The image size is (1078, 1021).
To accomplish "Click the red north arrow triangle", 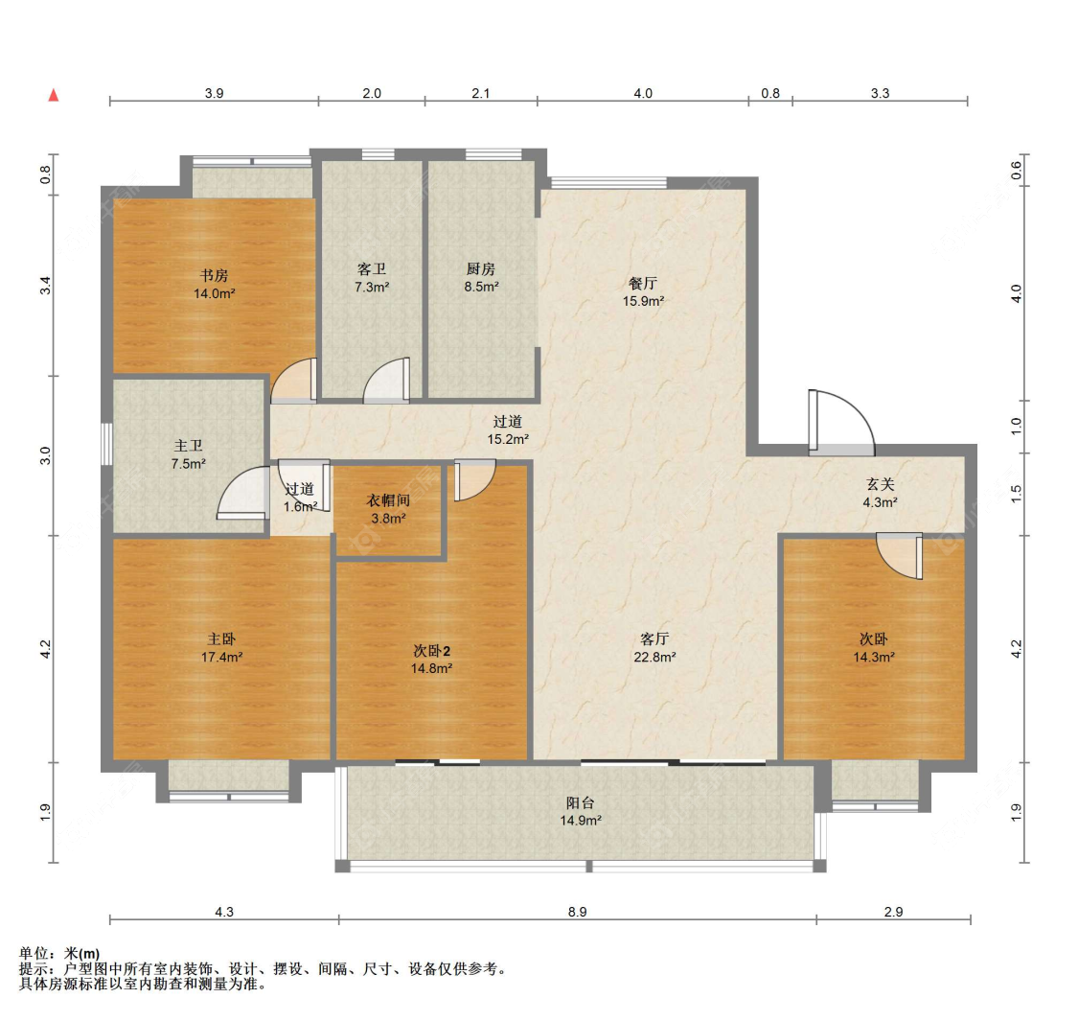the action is pyautogui.click(x=53, y=95).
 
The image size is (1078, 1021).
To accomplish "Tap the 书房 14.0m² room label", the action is pyautogui.click(x=214, y=284).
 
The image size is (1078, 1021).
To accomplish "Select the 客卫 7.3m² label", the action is pyautogui.click(x=372, y=278).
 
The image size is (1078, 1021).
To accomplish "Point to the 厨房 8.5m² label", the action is pyautogui.click(x=481, y=277).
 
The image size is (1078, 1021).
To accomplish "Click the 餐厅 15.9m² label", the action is pyautogui.click(x=643, y=291).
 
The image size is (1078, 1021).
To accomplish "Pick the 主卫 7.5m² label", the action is pyautogui.click(x=189, y=454).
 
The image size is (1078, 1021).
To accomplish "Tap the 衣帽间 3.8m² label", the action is pyautogui.click(x=388, y=509).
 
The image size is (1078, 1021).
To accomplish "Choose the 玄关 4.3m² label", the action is pyautogui.click(x=880, y=494).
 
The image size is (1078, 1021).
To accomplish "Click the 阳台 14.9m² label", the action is pyautogui.click(x=581, y=811).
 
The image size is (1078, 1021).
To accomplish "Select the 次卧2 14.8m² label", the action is pyautogui.click(x=432, y=660).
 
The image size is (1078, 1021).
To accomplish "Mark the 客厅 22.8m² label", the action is pyautogui.click(x=654, y=647).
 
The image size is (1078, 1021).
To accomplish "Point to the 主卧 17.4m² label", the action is pyautogui.click(x=221, y=647).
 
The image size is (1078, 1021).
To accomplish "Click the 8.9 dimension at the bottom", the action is pyautogui.click(x=578, y=912).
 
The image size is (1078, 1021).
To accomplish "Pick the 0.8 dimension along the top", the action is pyautogui.click(x=770, y=93).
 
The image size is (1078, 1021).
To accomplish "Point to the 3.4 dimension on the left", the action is pyautogui.click(x=45, y=285).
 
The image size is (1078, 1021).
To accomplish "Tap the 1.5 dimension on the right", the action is pyautogui.click(x=1017, y=494).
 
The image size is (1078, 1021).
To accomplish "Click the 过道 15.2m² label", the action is pyautogui.click(x=508, y=430).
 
